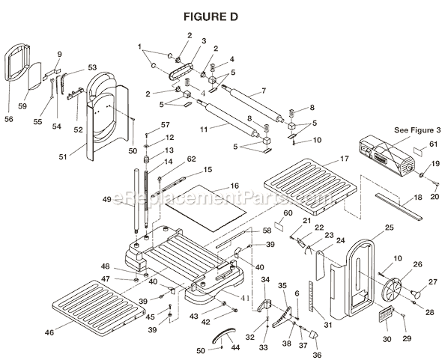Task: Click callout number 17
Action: point(344,159)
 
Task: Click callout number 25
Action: point(389,227)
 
